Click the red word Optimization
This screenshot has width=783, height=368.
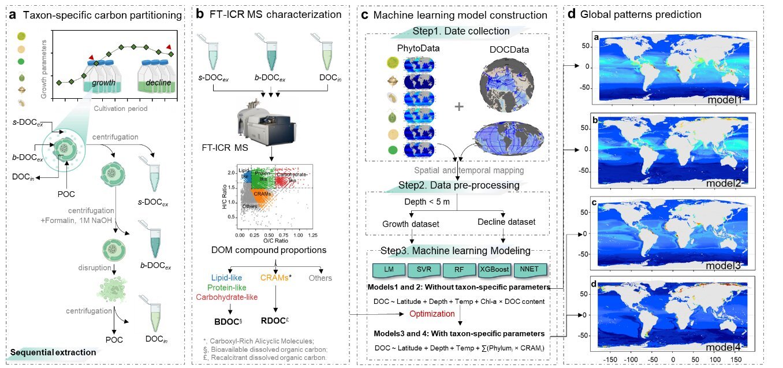[x=433, y=313]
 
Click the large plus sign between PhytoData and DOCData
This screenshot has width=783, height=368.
[x=459, y=107]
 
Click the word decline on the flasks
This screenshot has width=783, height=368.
[x=158, y=83]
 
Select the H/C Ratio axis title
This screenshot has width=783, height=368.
[x=223, y=199]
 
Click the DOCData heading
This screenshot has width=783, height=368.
[x=508, y=50]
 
